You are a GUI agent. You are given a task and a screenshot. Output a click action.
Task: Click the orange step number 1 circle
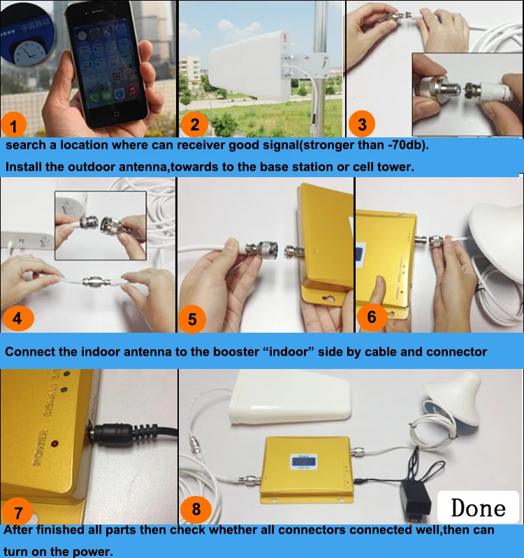14,126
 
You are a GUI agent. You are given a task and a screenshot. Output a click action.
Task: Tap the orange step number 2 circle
195,125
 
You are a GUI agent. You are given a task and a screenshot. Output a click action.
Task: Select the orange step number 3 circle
362,124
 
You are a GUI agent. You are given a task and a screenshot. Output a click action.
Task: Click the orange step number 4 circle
17,318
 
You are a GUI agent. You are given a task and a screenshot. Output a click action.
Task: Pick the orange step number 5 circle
193,319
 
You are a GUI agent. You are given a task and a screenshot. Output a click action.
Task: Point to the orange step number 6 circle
372,317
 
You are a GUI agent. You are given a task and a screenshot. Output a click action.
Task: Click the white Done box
478,507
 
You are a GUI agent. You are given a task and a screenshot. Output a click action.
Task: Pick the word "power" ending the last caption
94,551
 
